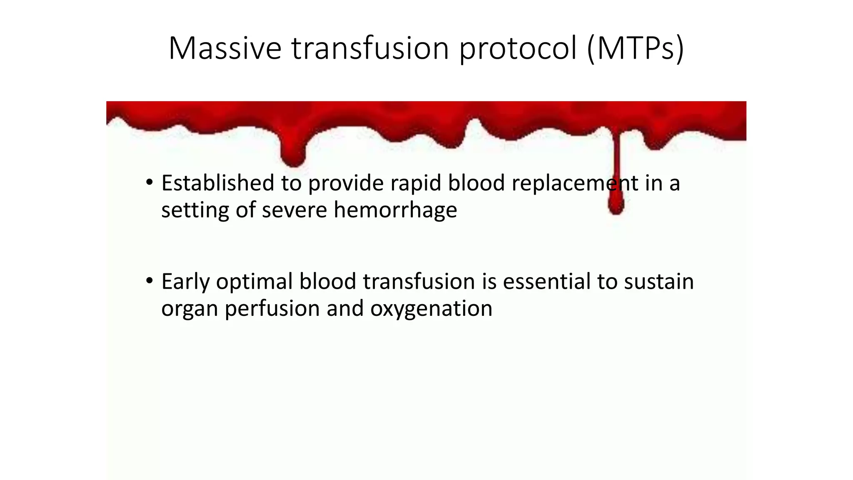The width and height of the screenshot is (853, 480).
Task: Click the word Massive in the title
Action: coord(225,48)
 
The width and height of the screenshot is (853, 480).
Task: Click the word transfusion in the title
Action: coord(370,48)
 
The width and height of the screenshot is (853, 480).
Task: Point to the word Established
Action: coord(218,183)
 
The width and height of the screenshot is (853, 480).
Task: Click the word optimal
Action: coord(254,282)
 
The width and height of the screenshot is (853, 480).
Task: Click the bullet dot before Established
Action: coord(150,182)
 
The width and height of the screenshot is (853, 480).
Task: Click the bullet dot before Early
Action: coord(150,281)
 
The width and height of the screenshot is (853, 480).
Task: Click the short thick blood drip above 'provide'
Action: coord(293,156)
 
